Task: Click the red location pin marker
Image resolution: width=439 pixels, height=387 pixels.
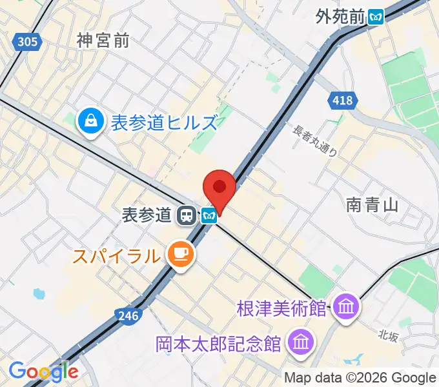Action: click(219, 188)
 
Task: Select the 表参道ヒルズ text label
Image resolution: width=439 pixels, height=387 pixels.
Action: click(164, 122)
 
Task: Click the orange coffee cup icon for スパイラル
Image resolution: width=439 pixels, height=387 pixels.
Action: click(178, 253)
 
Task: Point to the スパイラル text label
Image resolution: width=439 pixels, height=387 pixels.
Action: click(116, 256)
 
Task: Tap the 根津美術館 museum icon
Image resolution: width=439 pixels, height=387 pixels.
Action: click(346, 307)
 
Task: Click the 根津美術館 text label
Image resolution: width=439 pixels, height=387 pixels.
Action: click(281, 308)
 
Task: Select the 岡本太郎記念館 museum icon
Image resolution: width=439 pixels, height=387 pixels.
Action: click(300, 342)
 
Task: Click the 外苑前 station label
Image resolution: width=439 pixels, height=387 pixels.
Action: click(341, 17)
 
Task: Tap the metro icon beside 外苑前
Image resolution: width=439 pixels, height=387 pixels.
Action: click(376, 17)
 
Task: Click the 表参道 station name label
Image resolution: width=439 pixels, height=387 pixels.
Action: click(147, 215)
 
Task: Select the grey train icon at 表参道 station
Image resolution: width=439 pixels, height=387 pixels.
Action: click(187, 215)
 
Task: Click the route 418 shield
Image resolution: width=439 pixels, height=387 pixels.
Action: click(343, 100)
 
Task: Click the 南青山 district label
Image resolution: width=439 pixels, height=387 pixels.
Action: click(372, 205)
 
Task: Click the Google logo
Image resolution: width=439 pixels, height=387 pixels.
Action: click(43, 372)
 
